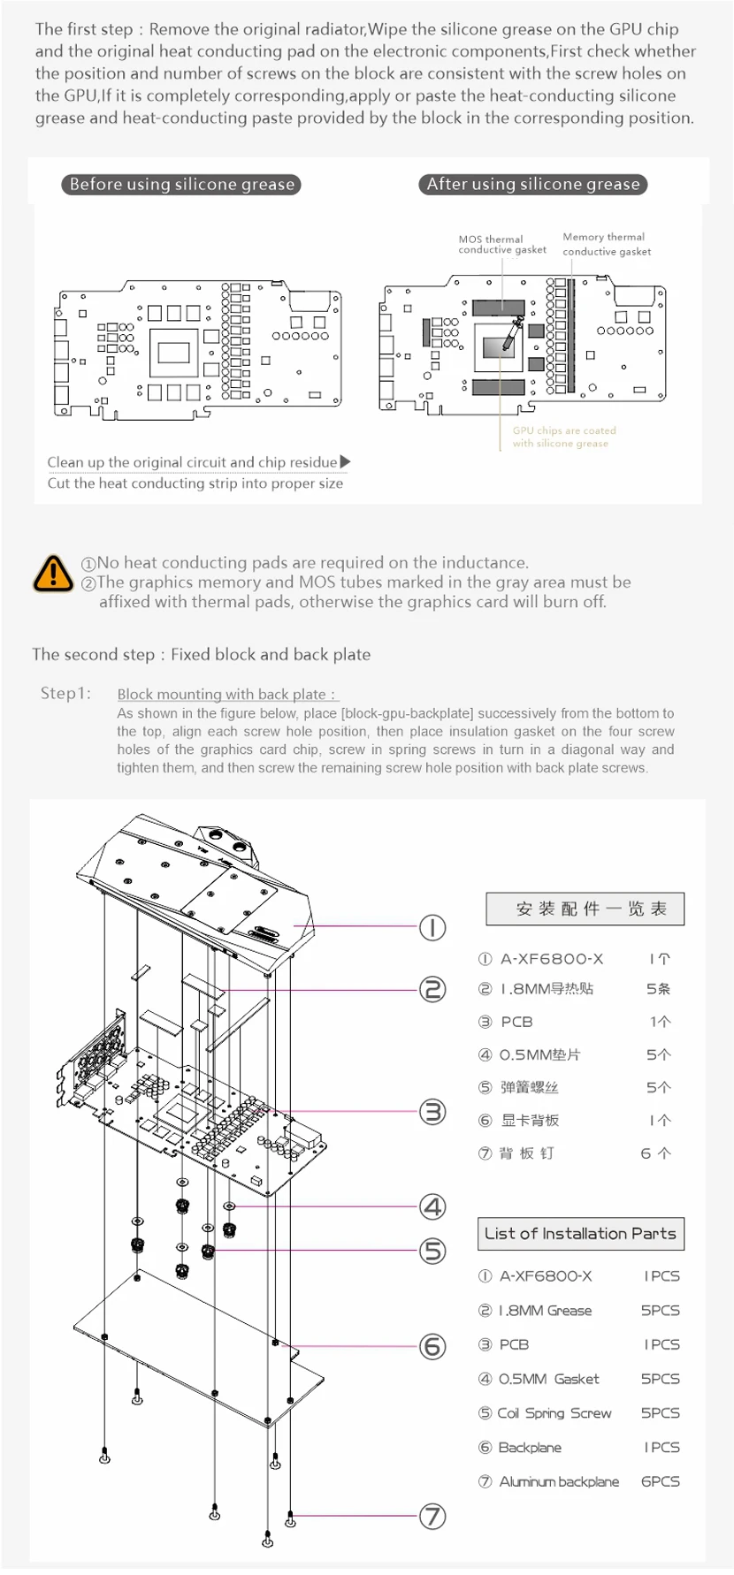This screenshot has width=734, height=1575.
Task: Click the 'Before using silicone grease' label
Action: [x=181, y=184]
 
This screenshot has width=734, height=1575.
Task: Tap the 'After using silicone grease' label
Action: [x=532, y=184]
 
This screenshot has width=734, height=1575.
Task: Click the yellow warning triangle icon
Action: [x=53, y=573]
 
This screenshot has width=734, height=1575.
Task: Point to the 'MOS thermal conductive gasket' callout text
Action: [x=501, y=244]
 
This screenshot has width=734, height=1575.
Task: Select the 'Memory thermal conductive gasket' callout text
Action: [x=606, y=244]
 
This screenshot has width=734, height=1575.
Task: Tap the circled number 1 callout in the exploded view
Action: [x=432, y=927]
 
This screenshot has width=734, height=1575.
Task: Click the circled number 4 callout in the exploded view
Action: [x=432, y=1206]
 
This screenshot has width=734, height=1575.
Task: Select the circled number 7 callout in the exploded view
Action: [x=432, y=1517]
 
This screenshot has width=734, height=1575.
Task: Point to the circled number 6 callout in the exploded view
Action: [x=432, y=1346]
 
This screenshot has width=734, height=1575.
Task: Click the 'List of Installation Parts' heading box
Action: [x=580, y=1233]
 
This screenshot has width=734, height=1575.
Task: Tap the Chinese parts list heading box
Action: [x=585, y=909]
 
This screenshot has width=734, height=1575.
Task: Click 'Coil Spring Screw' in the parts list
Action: [x=554, y=1413]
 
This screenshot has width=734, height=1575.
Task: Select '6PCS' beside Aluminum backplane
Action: [x=660, y=1481]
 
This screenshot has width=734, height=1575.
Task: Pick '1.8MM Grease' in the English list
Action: [x=545, y=1310]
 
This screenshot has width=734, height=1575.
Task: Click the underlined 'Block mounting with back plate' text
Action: [x=226, y=694]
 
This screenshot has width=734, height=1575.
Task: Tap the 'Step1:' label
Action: [x=65, y=693]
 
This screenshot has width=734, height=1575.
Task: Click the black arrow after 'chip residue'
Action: [x=345, y=461]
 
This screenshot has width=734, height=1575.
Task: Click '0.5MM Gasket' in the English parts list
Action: [x=548, y=1379]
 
